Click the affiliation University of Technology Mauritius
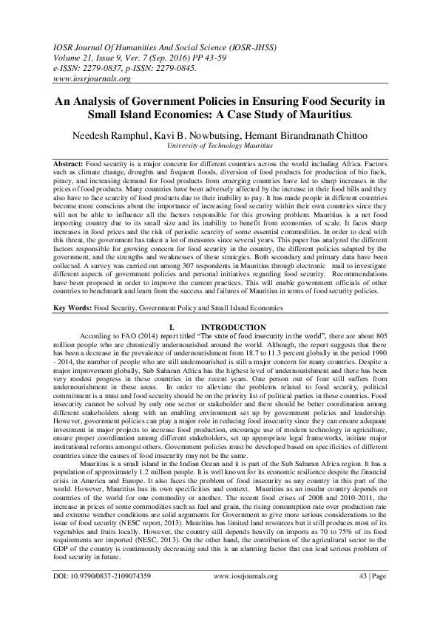point(220,147)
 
